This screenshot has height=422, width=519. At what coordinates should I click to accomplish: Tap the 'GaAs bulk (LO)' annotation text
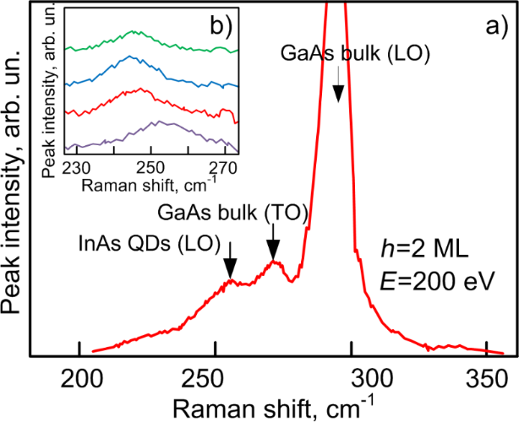[355, 54]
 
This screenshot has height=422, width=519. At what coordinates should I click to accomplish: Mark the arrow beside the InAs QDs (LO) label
[230, 263]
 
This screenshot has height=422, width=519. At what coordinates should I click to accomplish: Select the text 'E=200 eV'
[431, 279]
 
